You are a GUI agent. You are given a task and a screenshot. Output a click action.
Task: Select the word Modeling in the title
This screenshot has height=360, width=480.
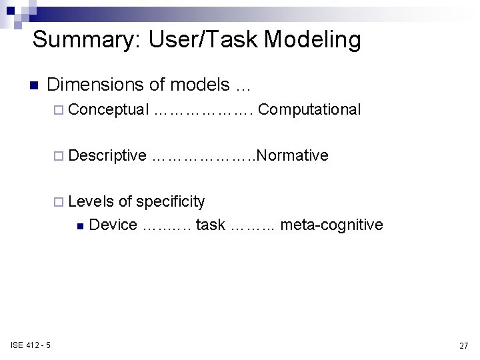313,39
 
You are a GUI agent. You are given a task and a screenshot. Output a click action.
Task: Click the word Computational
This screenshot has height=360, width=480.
309,109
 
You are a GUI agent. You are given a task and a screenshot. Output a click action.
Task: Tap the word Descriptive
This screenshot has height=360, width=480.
107,156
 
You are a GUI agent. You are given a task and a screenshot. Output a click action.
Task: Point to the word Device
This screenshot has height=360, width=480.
113,225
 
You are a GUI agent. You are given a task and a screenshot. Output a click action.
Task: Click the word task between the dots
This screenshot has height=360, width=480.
211,225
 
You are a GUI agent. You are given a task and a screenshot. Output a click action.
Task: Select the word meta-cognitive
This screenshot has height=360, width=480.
331,225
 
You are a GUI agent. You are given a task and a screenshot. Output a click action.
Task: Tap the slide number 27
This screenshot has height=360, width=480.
463,345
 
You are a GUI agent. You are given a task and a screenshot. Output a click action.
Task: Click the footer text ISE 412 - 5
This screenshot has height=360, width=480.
32,345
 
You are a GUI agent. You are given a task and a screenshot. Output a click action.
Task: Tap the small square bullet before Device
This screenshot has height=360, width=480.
80,226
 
